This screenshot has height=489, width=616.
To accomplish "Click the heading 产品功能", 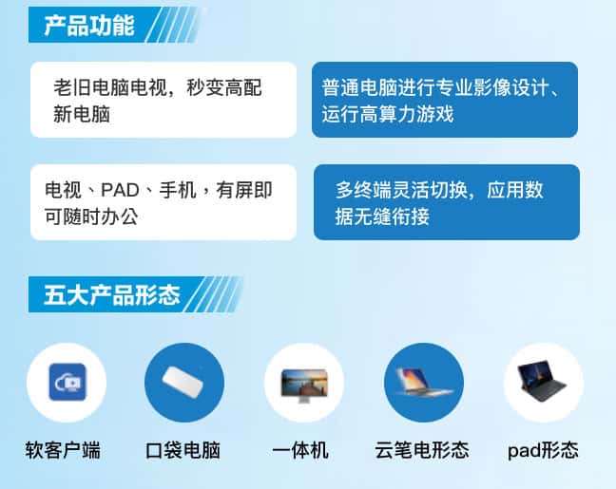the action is pyautogui.click(x=89, y=26).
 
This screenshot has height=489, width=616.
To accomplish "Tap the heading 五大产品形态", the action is pyautogui.click(x=112, y=295).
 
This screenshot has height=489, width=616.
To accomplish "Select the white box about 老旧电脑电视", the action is pyautogui.click(x=164, y=100).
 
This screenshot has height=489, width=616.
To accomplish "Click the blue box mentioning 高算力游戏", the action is pyautogui.click(x=445, y=100).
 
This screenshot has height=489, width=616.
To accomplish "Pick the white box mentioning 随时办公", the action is pyautogui.click(x=164, y=202).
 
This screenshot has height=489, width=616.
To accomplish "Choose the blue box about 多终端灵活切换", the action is pyautogui.click(x=447, y=202).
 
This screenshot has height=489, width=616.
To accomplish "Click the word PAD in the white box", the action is pyautogui.click(x=120, y=190).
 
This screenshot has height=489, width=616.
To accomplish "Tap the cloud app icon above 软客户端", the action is pyautogui.click(x=67, y=382).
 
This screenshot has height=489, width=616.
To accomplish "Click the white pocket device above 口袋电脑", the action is pyautogui.click(x=183, y=382).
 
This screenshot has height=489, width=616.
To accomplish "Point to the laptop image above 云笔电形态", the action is pyautogui.click(x=423, y=382).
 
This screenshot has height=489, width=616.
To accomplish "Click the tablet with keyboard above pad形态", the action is pyautogui.click(x=543, y=382).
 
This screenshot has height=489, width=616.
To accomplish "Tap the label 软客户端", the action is pyautogui.click(x=63, y=450).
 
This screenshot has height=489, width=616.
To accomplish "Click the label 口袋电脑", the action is pyautogui.click(x=183, y=450).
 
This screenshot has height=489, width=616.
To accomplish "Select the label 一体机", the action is pyautogui.click(x=300, y=450).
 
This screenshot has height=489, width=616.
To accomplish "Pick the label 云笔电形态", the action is pyautogui.click(x=422, y=450).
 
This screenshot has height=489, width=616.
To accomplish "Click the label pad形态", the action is pyautogui.click(x=544, y=450).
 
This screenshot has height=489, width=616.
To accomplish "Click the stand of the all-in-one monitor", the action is pyautogui.click(x=303, y=400).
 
